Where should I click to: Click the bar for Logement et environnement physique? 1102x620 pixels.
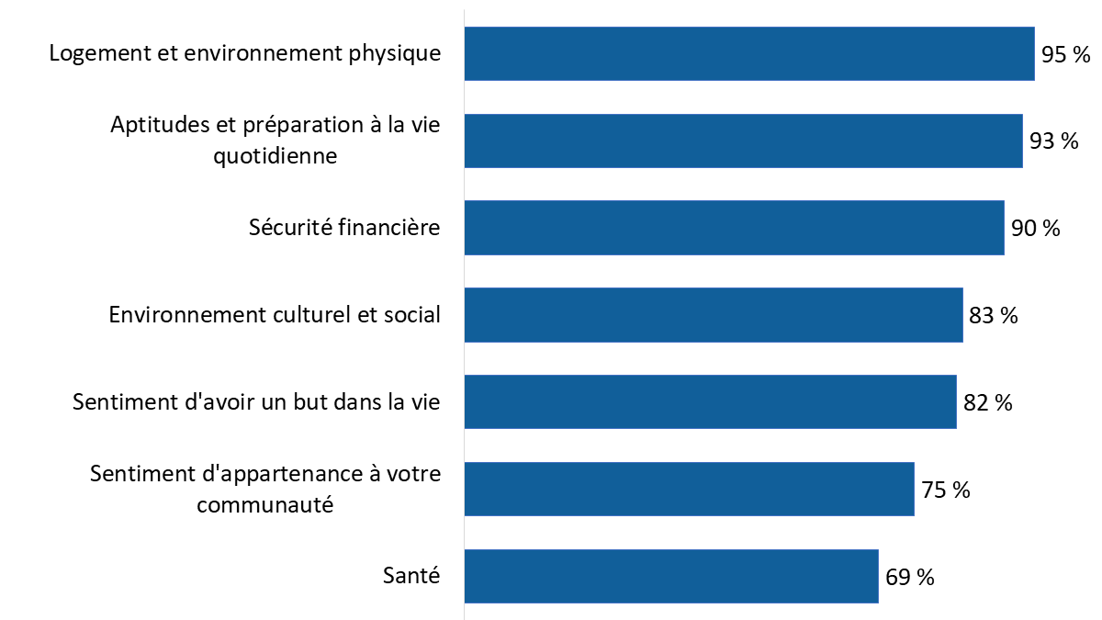(749, 53)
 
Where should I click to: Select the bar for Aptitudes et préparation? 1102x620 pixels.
(743, 141)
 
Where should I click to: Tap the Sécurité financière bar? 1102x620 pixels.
(734, 228)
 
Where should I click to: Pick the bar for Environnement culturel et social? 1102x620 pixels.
(714, 315)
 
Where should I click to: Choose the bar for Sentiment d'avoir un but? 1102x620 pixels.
(710, 401)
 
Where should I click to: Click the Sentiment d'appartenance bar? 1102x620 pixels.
(689, 489)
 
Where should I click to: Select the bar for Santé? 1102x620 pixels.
(671, 576)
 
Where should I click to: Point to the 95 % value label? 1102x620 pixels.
(1066, 55)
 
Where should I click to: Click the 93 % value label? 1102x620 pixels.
(1054, 141)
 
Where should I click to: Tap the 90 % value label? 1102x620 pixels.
(1036, 229)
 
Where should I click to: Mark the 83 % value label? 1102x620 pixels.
(994, 316)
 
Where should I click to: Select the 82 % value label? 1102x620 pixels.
(988, 402)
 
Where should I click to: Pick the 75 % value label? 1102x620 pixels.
(946, 490)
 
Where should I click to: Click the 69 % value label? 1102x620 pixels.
(910, 577)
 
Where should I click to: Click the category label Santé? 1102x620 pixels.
(411, 576)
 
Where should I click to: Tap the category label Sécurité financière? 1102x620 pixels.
(344, 228)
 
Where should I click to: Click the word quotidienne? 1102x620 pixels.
(275, 156)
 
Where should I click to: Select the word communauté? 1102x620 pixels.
(264, 504)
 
